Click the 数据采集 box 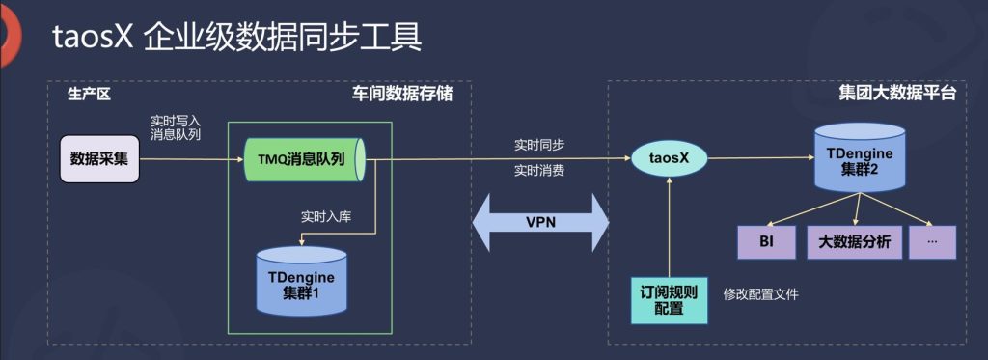click(x=100, y=158)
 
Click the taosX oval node click(x=668, y=157)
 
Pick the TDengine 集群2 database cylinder click(x=859, y=156)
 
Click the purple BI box click(x=764, y=242)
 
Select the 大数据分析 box click(x=854, y=242)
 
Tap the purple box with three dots click(x=931, y=242)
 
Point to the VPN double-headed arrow click(x=541, y=222)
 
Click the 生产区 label click(x=90, y=95)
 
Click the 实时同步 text click(x=539, y=145)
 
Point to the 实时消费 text click(x=539, y=171)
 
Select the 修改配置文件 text click(x=761, y=294)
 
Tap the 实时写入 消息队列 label click(x=176, y=127)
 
